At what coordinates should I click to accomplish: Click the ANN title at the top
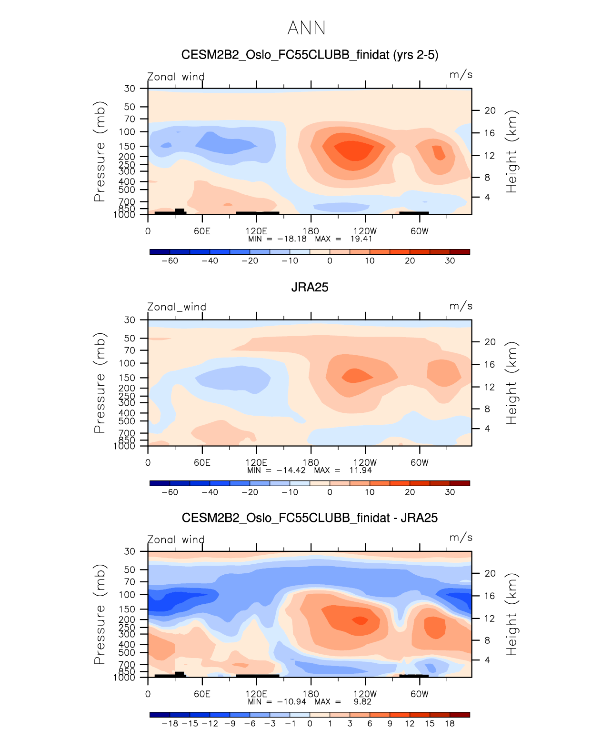306,28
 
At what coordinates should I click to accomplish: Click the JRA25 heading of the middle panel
310,287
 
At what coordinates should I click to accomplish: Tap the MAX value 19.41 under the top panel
361,239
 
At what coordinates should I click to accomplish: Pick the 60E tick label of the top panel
202,231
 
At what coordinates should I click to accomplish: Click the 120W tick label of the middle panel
365,462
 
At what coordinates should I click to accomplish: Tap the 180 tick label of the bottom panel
311,694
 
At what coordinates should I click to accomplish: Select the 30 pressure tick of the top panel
130,89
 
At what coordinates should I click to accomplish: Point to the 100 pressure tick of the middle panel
127,363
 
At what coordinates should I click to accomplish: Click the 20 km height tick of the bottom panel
490,573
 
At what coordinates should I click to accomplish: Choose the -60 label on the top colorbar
170,260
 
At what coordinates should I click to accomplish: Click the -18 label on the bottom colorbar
170,723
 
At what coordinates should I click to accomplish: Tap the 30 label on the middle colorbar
450,492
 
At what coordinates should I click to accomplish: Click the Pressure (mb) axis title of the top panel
99,151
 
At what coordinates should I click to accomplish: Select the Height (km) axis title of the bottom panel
512,614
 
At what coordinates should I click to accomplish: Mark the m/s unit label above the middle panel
461,306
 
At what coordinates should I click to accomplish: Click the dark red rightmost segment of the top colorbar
460,251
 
